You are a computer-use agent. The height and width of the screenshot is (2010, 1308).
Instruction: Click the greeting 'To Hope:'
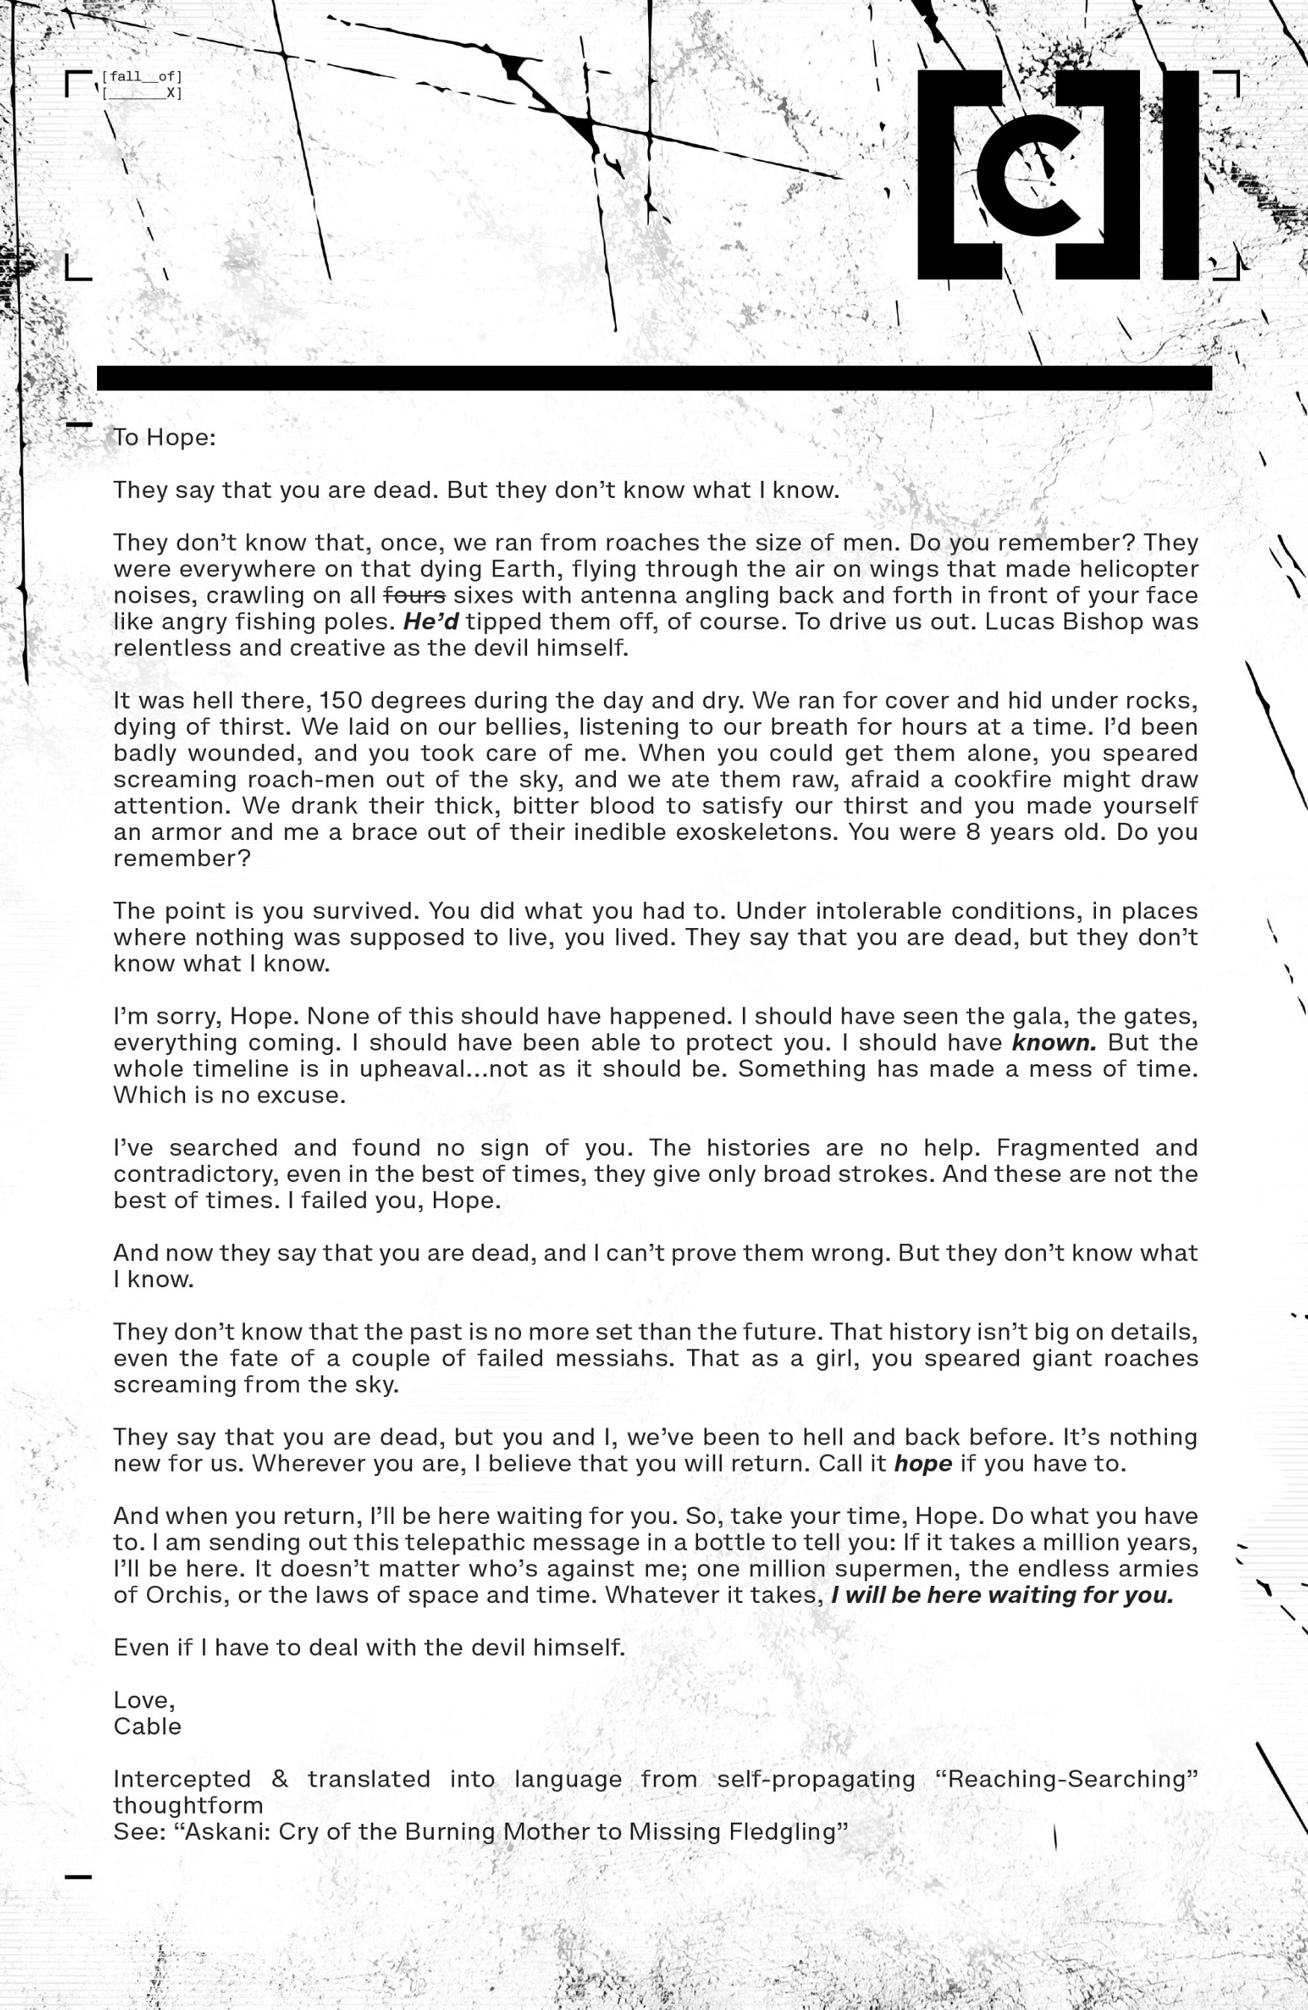[165, 438]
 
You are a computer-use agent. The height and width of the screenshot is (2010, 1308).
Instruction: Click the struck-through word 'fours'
[414, 595]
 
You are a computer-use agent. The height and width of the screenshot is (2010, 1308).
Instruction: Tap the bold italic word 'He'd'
[430, 621]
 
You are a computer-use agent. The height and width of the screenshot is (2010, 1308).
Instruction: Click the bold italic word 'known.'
[1054, 1042]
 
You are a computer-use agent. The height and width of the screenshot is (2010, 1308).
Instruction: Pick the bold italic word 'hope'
[922, 1463]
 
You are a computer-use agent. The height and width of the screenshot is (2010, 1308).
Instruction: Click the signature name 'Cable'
[147, 1726]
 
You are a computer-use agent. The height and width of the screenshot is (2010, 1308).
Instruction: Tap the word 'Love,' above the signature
[143, 1700]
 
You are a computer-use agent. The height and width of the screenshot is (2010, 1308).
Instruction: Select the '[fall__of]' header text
[141, 77]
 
